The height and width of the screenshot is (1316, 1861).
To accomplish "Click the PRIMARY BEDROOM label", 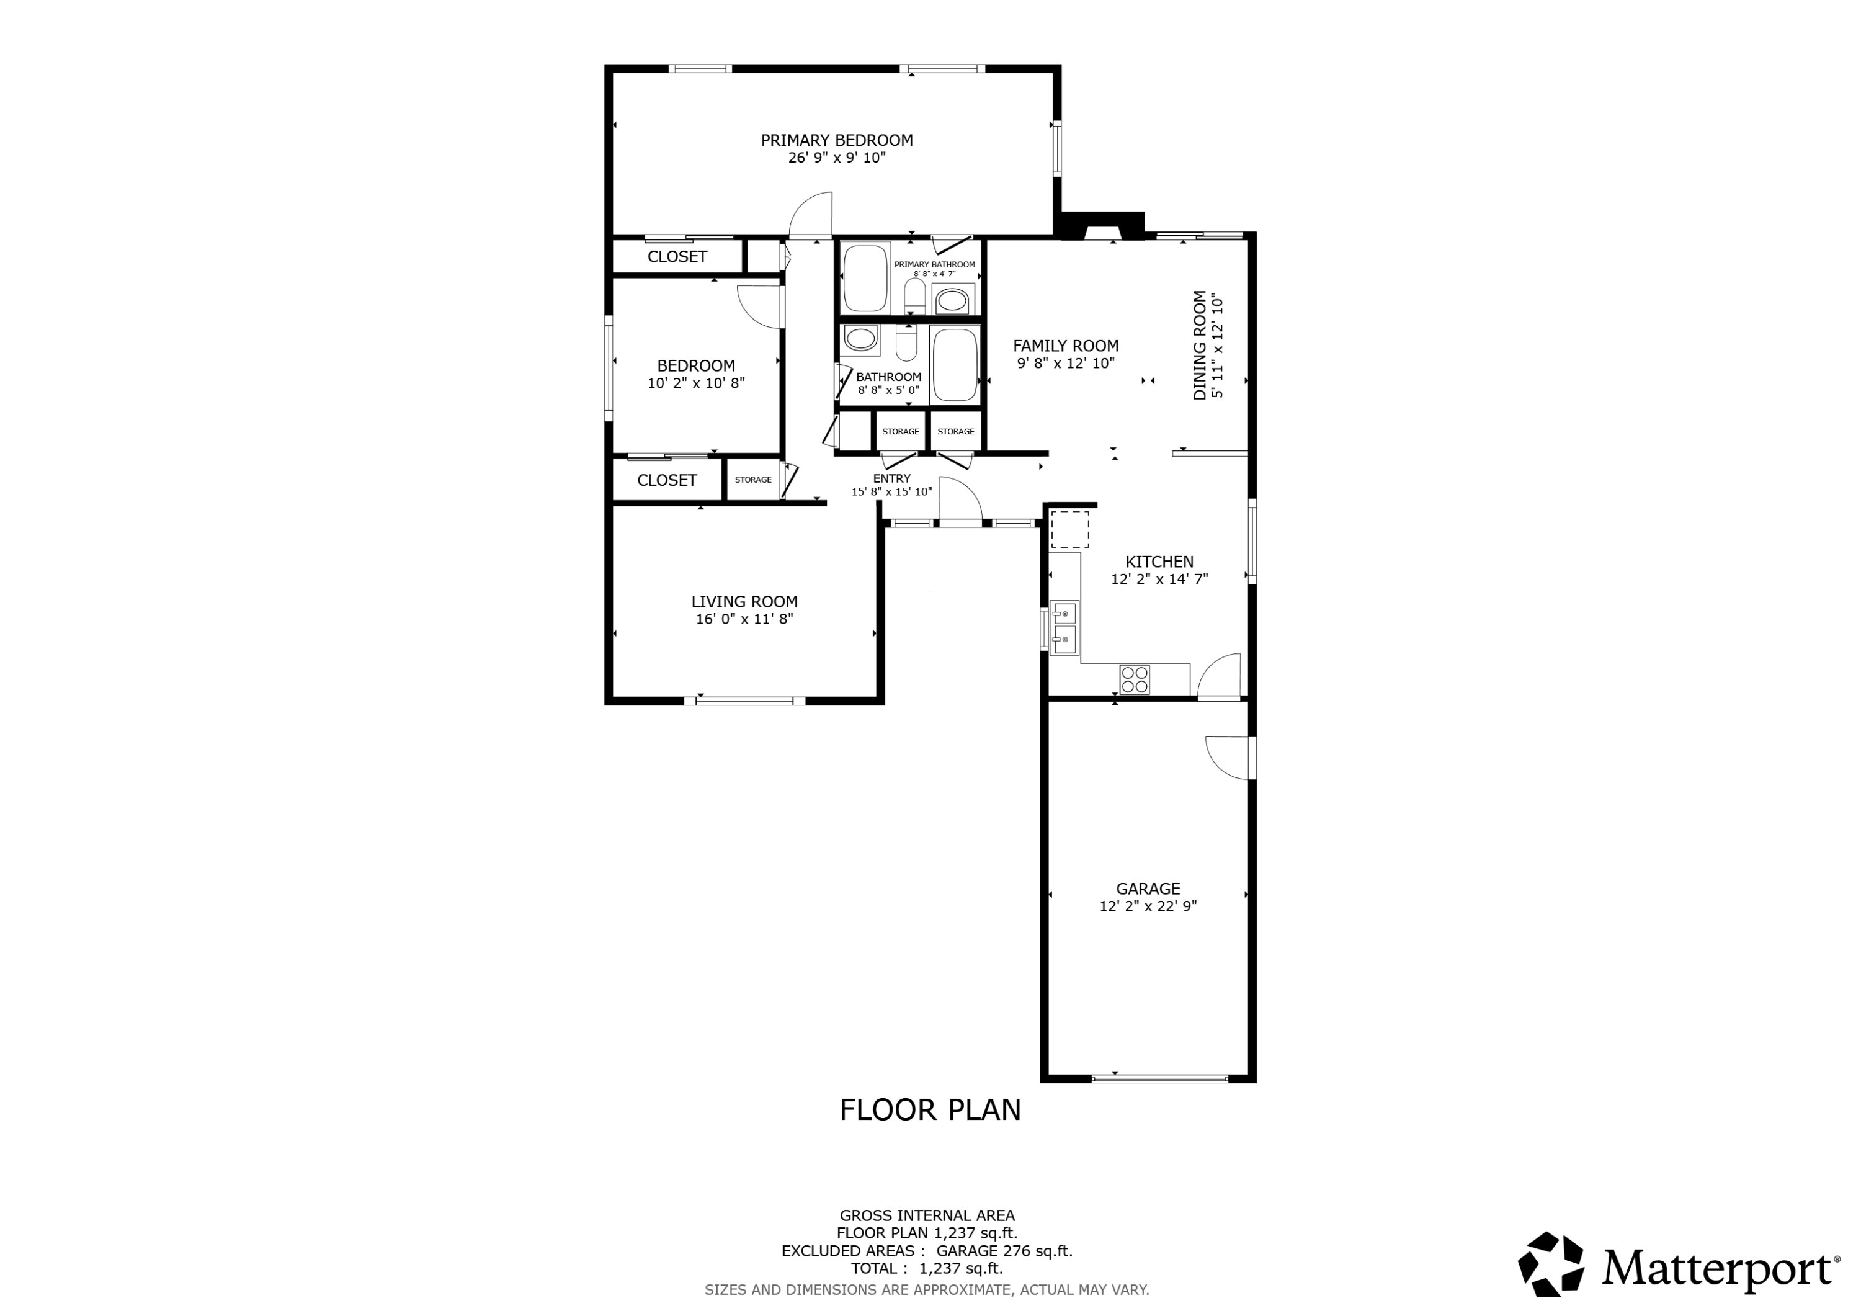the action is [x=836, y=140].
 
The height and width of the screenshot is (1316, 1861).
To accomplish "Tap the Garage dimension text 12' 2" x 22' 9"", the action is [x=1148, y=906].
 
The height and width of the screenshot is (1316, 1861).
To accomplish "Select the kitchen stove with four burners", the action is [x=1135, y=679].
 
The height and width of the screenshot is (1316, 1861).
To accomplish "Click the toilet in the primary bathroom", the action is [x=915, y=296].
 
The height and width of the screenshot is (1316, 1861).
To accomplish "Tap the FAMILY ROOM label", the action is [x=1066, y=346].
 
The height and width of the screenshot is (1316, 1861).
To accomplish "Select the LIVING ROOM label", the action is [x=744, y=602].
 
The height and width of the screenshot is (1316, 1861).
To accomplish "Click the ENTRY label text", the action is [x=891, y=478].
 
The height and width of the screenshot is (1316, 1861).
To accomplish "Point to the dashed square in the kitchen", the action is [x=1070, y=529].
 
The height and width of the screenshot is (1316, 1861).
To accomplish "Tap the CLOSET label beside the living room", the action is [x=666, y=480].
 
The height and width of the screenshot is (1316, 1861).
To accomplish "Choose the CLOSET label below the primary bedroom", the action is [x=677, y=257].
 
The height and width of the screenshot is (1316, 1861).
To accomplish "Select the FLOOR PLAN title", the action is [x=930, y=1110].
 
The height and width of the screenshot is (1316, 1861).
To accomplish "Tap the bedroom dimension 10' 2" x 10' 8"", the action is [x=695, y=383].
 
